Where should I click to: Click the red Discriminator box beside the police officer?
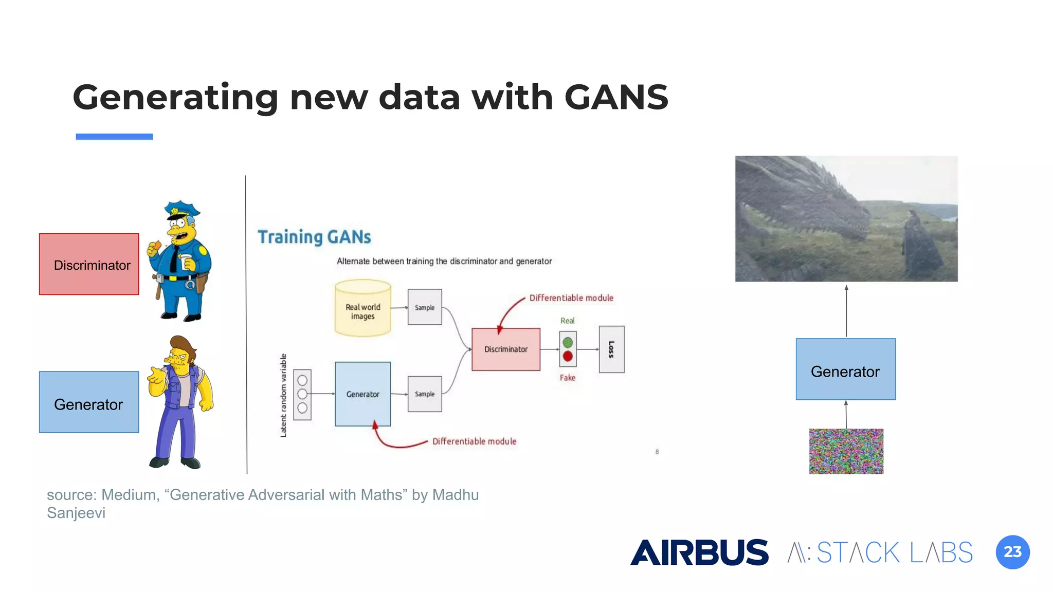(x=89, y=264)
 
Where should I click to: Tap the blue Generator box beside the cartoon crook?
(x=89, y=402)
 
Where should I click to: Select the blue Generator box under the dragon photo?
(x=845, y=369)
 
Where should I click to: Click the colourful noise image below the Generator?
(x=846, y=451)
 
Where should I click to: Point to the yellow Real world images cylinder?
(x=362, y=308)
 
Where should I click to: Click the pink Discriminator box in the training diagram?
(x=505, y=349)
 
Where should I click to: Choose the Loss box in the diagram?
(x=611, y=349)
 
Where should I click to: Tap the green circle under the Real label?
(x=568, y=342)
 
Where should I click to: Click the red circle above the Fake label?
(x=568, y=356)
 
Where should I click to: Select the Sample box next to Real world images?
(x=425, y=307)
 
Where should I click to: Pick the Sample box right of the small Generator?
(x=425, y=394)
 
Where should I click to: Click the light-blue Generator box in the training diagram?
(x=362, y=394)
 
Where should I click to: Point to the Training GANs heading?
(x=314, y=237)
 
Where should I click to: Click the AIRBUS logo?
(x=699, y=552)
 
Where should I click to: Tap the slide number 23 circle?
(x=1012, y=552)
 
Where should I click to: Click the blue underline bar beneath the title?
(x=114, y=137)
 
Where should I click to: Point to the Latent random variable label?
(x=283, y=396)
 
